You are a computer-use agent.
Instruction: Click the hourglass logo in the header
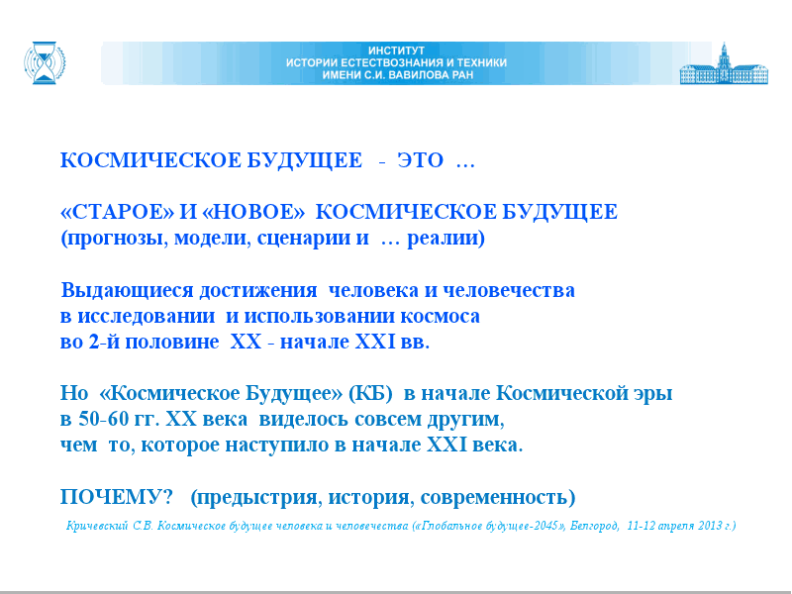(45, 62)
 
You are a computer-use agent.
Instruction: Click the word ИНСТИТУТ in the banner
(397, 50)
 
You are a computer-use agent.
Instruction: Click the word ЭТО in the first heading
(420, 160)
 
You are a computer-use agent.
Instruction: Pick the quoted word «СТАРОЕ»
(117, 212)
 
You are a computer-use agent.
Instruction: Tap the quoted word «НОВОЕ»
(253, 212)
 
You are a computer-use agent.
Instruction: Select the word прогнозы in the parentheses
(114, 238)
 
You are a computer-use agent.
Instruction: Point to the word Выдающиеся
(128, 290)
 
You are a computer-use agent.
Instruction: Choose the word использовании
(319, 316)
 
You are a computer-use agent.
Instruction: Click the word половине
(171, 342)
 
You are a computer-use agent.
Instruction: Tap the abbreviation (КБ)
(370, 393)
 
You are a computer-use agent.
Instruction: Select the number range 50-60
(101, 419)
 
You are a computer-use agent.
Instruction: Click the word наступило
(274, 445)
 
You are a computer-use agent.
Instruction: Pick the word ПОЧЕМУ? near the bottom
(117, 497)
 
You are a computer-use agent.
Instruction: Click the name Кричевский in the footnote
(97, 526)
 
